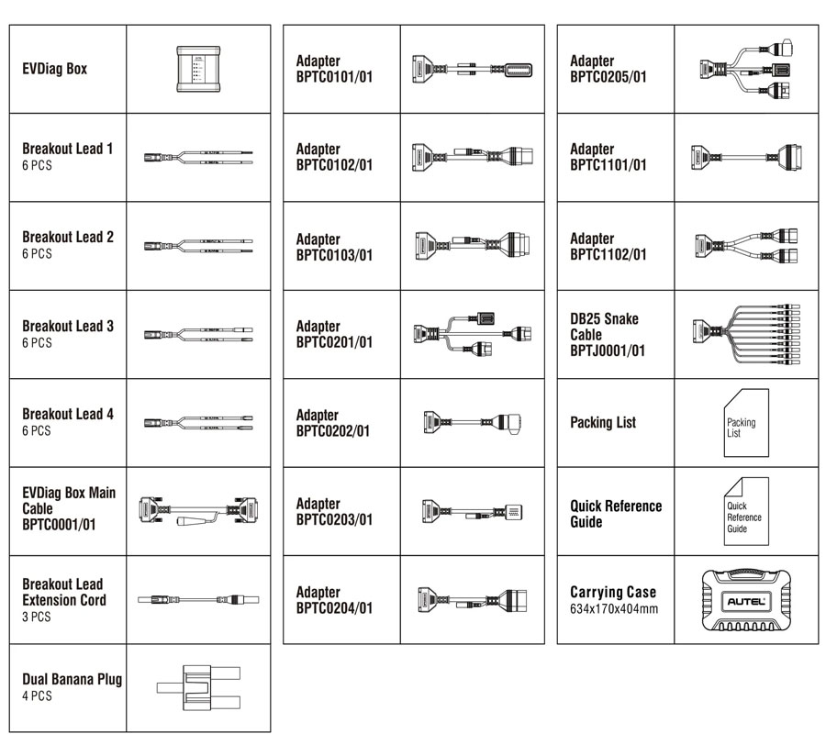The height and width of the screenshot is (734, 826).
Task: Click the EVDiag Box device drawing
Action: [x=198, y=68]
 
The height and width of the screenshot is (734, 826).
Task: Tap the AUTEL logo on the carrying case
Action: [x=745, y=600]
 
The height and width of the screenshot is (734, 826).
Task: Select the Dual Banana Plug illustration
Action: [x=198, y=688]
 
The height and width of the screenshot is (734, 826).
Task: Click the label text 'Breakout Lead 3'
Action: [x=68, y=326]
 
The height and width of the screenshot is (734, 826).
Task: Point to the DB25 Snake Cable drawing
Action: [x=745, y=334]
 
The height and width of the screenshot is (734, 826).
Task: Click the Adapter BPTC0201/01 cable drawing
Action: [x=472, y=334]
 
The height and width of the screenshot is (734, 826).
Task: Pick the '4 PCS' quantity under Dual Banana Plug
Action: [x=37, y=696]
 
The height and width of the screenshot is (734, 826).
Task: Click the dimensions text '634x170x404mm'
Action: [x=613, y=608]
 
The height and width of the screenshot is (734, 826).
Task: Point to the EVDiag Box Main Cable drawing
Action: [x=198, y=511]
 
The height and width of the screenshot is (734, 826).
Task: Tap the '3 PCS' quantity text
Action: [x=37, y=617]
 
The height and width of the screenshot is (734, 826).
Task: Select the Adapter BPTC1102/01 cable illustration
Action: [x=745, y=245]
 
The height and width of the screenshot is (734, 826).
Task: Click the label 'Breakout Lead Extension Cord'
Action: [x=64, y=592]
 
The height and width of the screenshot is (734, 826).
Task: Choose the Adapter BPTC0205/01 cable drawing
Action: [x=745, y=68]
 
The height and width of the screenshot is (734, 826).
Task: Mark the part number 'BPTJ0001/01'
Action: [x=608, y=350]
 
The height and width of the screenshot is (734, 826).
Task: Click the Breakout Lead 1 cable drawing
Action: [x=198, y=157]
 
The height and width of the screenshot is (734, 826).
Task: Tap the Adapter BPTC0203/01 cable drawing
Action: [x=472, y=511]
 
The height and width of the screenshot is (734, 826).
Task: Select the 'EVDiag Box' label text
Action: [x=55, y=69]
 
